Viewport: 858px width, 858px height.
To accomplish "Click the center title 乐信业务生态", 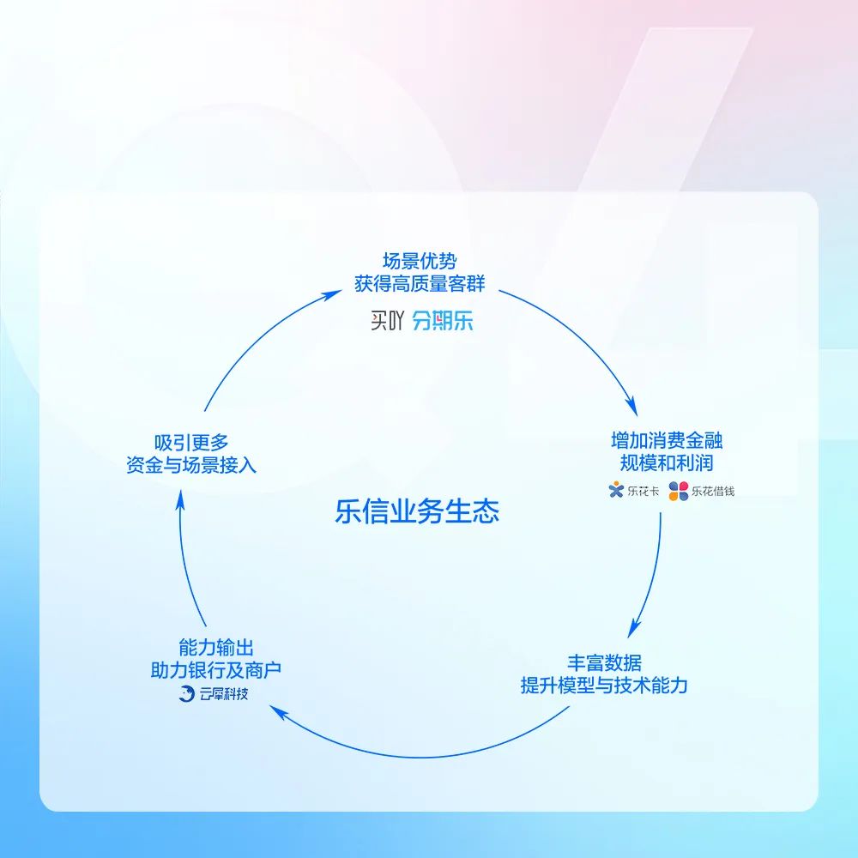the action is [417, 511].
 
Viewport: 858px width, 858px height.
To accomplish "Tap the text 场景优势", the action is [420, 261].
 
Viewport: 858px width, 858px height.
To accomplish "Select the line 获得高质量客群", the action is [420, 283].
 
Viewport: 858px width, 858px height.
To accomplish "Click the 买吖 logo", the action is [387, 321].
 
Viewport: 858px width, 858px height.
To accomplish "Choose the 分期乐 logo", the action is [442, 321].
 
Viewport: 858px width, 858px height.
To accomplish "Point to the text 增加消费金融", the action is [667, 440].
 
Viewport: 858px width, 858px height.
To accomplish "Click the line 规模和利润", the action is [667, 463].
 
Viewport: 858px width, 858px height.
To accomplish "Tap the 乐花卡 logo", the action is [634, 490].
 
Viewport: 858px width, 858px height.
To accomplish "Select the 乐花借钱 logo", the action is [702, 491].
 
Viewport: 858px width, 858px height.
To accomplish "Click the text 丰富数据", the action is [604, 662].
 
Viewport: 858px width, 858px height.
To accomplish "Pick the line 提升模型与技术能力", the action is [604, 685].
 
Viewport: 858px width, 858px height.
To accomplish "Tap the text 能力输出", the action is [216, 647].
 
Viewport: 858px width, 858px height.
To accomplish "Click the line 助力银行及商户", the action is [216, 670].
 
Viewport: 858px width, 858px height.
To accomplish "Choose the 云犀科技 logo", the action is [214, 693].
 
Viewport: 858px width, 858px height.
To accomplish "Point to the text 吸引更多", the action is [191, 442].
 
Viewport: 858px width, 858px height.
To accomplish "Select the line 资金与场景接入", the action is [191, 465].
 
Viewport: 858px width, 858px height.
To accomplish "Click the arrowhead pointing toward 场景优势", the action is [331, 295].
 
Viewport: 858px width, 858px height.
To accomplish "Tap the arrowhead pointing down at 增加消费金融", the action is [632, 406].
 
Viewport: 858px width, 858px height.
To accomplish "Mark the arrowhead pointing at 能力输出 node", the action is [279, 712].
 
